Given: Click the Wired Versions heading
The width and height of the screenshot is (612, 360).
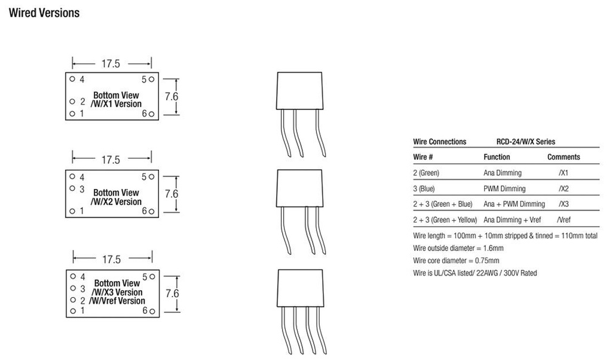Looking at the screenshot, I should coord(44,13).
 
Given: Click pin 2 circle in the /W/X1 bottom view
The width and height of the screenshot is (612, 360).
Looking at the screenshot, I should coord(72,102).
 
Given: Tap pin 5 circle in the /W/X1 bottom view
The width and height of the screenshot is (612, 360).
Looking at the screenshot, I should coord(152,79).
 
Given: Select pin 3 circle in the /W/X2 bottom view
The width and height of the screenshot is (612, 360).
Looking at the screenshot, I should coord(72,189).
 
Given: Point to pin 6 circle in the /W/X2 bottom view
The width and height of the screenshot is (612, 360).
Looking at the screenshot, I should coord(152,211).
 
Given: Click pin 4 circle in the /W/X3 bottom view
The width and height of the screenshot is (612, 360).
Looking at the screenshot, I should coord(72,277).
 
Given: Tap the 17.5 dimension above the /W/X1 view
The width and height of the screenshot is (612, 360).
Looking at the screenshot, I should coord(111,64).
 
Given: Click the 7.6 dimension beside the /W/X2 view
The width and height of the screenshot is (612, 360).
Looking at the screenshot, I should coord(172,194).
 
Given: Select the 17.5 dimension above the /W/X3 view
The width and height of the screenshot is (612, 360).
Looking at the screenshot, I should coord(111,260).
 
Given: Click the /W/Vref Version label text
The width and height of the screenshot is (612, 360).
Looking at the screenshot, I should coord(117,301).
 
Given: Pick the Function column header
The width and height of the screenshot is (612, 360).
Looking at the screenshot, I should coord(497,157).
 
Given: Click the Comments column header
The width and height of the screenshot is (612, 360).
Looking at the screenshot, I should coord(564,157).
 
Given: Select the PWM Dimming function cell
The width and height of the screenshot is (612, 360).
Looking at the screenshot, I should coord(504,189).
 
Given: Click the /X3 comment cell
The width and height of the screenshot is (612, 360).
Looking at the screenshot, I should coord(564,205).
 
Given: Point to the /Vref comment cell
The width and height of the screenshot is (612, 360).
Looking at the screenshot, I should coord(564,220).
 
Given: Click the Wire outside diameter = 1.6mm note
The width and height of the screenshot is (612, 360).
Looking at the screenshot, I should coord(458,248).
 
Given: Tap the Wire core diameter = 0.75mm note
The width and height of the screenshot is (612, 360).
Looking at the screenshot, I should coord(456,261).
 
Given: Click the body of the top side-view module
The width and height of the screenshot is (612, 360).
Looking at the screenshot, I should coord(301,91).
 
